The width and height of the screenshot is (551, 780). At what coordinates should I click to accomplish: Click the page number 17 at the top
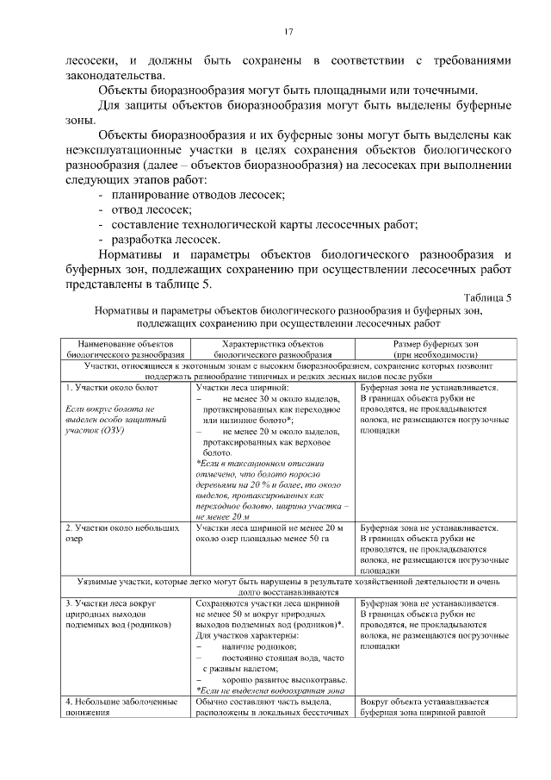coord(289,32)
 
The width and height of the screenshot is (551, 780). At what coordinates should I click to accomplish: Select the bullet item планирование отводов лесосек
coord(197,196)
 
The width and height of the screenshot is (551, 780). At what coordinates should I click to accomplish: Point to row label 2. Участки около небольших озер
coord(116,532)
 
